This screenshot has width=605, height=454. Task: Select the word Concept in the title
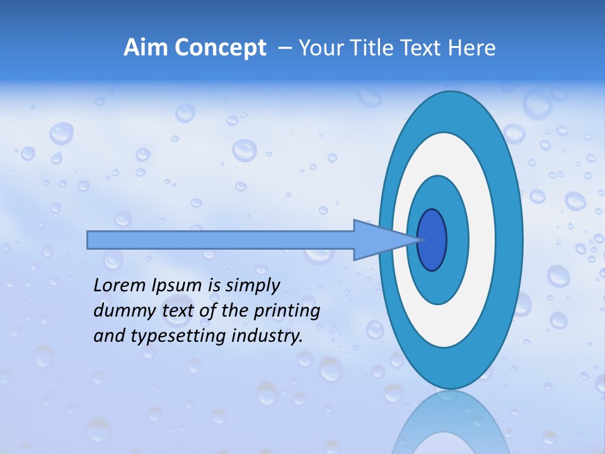pos(220,48)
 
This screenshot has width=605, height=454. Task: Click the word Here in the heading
pos(473,48)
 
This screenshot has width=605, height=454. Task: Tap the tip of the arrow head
pos(421,240)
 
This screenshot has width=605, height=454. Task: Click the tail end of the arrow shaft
pos(89,240)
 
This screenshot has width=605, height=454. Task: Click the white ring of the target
pos(482,240)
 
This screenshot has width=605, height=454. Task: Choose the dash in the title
pos(284,48)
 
